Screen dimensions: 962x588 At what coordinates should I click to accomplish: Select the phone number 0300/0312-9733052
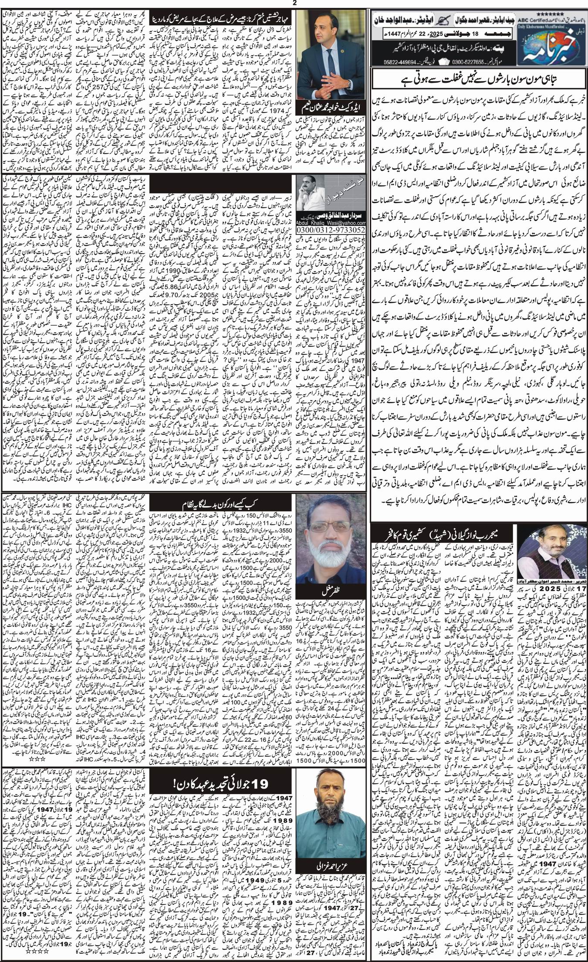(321, 229)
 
